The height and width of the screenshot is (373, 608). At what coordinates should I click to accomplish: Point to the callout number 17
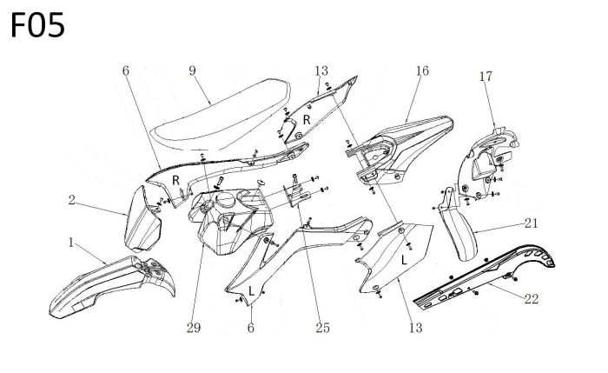(x=484, y=77)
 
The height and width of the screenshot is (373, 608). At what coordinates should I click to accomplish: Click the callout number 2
(x=75, y=200)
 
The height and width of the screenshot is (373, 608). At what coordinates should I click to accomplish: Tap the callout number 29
(x=193, y=328)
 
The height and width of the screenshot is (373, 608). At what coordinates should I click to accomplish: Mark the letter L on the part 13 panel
(x=404, y=258)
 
